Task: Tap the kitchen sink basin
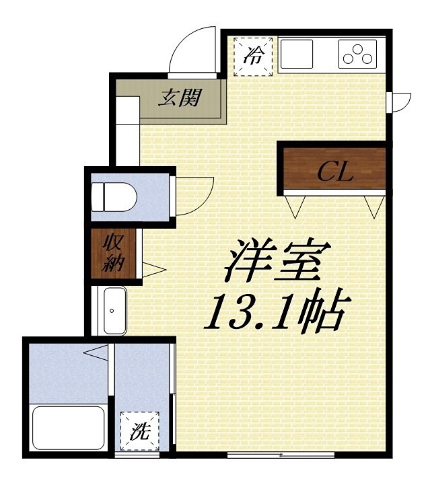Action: tap(296, 54)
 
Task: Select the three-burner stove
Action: tap(357, 54)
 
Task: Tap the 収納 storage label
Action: tap(112, 253)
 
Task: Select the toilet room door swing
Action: tap(195, 195)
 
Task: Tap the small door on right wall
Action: tap(400, 101)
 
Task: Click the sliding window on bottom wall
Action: tap(280, 455)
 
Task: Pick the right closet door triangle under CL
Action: tap(374, 205)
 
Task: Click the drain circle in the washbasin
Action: tap(112, 311)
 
